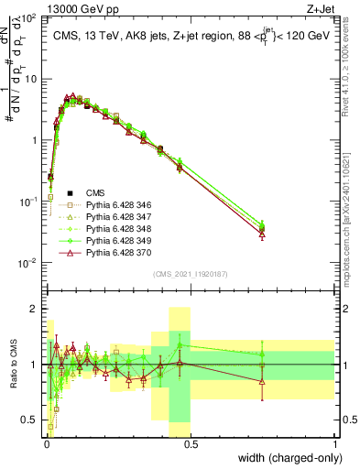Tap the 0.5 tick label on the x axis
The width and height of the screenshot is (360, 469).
click(191, 443)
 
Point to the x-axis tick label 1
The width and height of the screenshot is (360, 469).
click(335, 443)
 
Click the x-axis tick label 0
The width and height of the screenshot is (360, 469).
click(46, 443)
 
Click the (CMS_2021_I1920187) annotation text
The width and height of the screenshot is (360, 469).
click(190, 273)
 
